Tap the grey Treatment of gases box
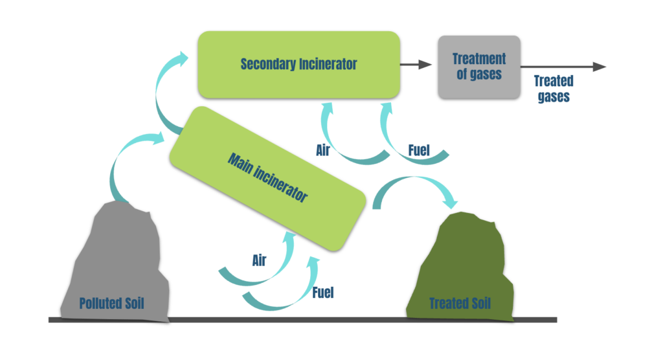coord(478,67)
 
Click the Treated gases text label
coord(553,89)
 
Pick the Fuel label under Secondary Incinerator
coord(419,151)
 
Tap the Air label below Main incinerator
coord(259,260)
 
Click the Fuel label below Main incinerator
coord(322,292)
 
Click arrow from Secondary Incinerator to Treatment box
coord(415,64)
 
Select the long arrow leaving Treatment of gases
coord(563,67)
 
